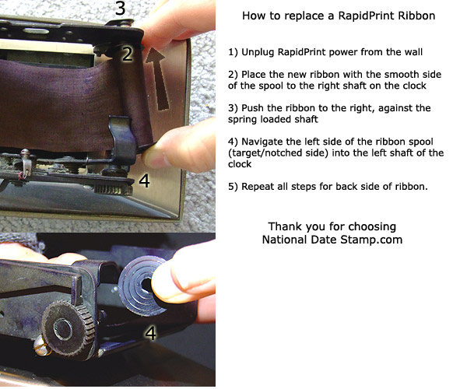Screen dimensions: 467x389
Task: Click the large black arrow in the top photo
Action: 159,79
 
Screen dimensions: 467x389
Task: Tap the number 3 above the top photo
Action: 121,8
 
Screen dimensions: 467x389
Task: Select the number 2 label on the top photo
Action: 128,54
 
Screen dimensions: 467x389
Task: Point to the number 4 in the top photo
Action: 145,180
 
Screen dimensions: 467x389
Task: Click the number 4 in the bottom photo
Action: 150,333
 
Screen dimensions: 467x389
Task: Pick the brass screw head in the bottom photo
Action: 41,347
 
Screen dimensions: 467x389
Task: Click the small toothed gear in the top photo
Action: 114,189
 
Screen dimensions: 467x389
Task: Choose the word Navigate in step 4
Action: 262,142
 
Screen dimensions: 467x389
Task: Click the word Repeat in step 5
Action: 258,187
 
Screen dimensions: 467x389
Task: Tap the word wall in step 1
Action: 413,52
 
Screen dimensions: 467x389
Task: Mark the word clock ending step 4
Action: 240,164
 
